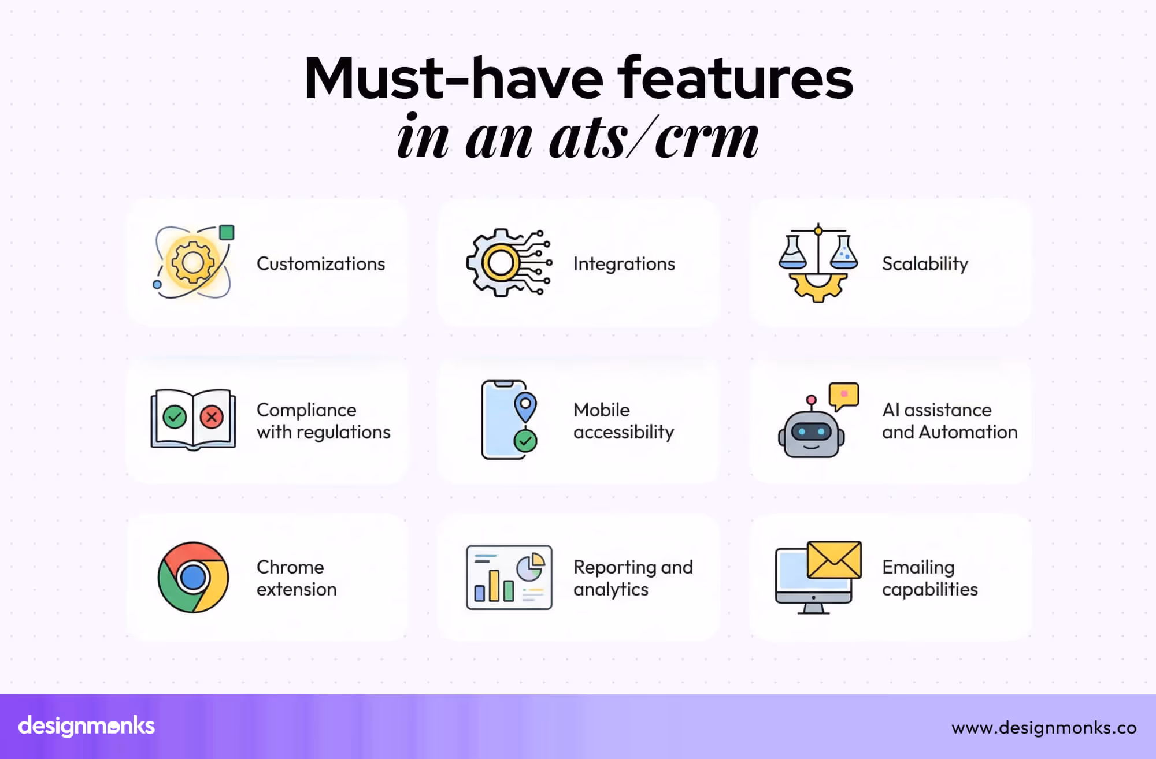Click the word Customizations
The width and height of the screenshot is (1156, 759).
click(x=320, y=264)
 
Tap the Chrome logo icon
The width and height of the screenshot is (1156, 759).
click(x=193, y=577)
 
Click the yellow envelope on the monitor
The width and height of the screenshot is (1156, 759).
click(x=833, y=560)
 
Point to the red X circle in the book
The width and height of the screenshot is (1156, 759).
click(x=212, y=416)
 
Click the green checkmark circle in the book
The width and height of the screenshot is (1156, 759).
click(x=175, y=416)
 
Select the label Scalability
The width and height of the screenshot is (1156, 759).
click(x=925, y=264)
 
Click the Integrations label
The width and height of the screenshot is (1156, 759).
click(x=624, y=264)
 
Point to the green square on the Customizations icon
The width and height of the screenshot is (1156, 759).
click(x=227, y=233)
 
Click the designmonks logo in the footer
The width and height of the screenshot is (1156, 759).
click(x=87, y=726)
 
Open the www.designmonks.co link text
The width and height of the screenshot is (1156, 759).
click(x=1044, y=727)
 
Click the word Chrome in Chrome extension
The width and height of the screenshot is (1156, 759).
click(x=290, y=567)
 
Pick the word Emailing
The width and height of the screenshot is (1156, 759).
click(x=918, y=567)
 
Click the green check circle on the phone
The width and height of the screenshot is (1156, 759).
click(x=525, y=441)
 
